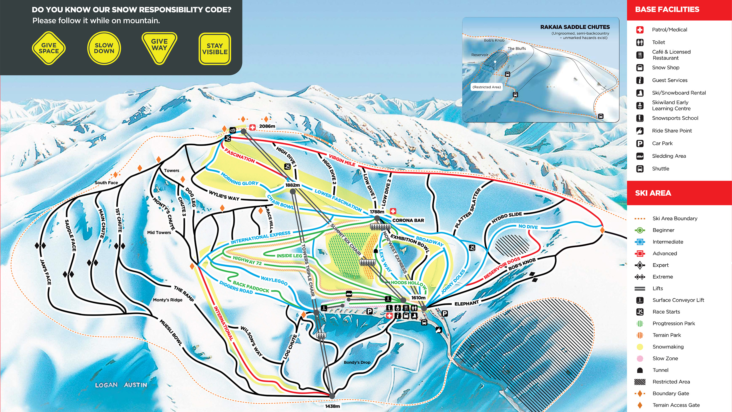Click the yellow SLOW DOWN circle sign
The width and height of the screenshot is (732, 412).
point(104,48)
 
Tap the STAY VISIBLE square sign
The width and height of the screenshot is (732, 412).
point(215,49)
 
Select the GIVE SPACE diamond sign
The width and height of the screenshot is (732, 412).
point(49,48)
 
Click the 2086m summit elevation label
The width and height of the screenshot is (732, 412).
point(267,126)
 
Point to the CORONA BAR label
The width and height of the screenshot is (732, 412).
point(408,220)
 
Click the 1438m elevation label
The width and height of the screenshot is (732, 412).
point(332,406)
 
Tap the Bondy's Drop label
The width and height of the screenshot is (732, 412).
point(357,362)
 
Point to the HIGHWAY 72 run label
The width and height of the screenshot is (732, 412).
point(247,260)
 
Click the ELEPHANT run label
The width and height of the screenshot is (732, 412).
point(466,303)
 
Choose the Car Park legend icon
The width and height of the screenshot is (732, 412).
point(640,143)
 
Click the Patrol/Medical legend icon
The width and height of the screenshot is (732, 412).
point(640,30)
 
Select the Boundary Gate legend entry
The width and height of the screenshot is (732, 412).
point(671,393)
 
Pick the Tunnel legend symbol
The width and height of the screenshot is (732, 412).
point(640,370)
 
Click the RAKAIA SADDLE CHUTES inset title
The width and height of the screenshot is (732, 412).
point(575,27)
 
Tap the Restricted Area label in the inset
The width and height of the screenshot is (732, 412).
point(487,87)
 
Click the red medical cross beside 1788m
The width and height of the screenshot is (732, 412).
point(393,211)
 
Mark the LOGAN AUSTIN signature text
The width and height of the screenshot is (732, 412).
point(121,385)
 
